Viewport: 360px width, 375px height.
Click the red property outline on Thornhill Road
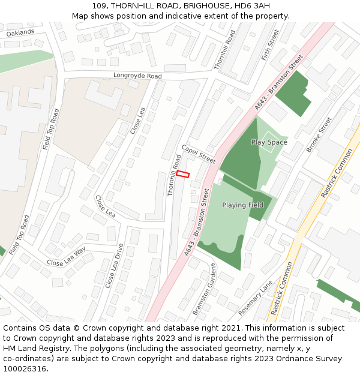[x=183, y=174]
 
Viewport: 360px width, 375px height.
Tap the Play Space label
[x=269, y=142]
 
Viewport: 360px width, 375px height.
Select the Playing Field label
[x=242, y=205]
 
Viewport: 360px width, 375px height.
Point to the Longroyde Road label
[x=137, y=76]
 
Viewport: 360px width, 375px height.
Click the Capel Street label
[x=198, y=154]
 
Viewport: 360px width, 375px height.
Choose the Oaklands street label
[x=20, y=33]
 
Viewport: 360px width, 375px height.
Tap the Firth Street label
[x=271, y=45]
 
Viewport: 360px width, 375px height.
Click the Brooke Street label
[x=319, y=134]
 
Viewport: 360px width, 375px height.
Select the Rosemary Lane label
[x=256, y=298]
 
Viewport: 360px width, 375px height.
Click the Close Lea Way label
[x=66, y=256]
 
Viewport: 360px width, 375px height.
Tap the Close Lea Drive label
[x=113, y=266]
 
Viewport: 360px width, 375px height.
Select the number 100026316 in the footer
[x=25, y=368]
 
